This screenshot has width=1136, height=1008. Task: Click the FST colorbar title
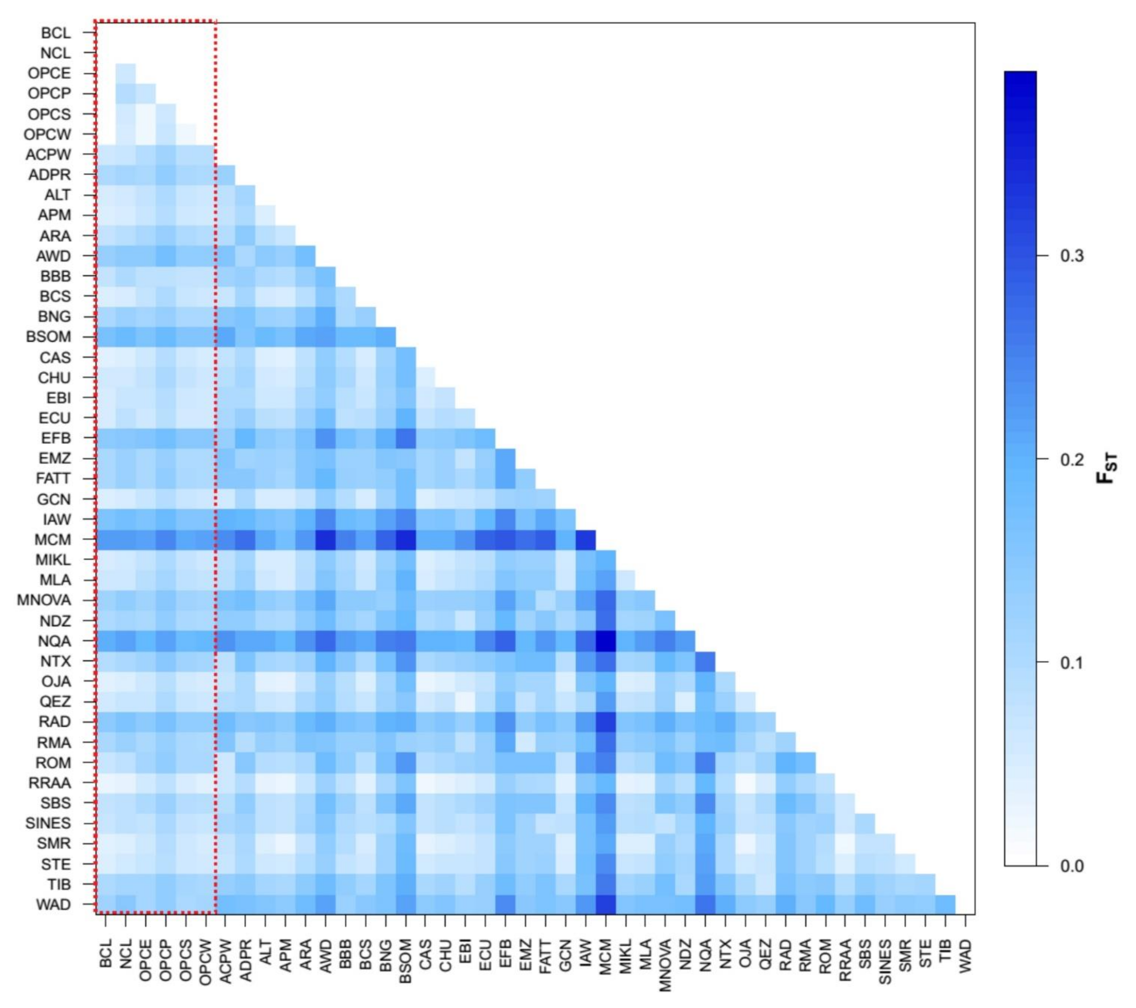click(1106, 468)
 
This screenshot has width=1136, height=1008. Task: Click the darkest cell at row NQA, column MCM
click(606, 641)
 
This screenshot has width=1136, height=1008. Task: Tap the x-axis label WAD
click(965, 956)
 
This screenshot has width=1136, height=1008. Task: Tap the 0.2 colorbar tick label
click(1072, 460)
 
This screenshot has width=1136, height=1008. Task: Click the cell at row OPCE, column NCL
click(126, 73)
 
